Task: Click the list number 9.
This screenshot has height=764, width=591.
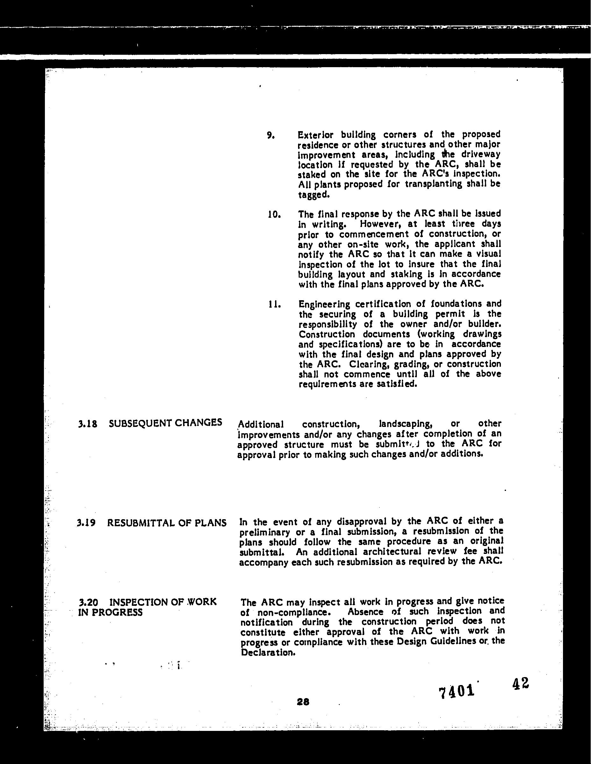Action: pyautogui.click(x=270, y=135)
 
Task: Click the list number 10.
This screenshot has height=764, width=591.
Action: pyautogui.click(x=274, y=215)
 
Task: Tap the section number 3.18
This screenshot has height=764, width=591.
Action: pyautogui.click(x=88, y=424)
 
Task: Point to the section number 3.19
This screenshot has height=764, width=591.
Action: pyautogui.click(x=86, y=523)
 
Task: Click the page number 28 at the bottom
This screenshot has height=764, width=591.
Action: pyautogui.click(x=303, y=701)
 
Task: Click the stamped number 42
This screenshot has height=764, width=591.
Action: pyautogui.click(x=520, y=683)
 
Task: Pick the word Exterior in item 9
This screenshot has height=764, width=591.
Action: pyautogui.click(x=315, y=135)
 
